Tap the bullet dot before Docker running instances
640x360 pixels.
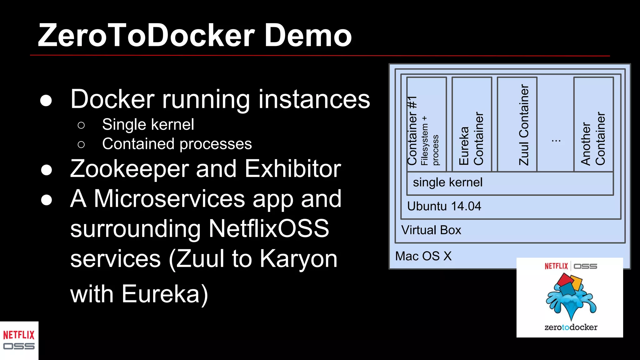pos(46,100)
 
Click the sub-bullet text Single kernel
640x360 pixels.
pos(148,124)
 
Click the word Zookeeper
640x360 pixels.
pos(129,169)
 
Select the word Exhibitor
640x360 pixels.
pos(292,169)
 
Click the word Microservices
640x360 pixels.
pos(169,199)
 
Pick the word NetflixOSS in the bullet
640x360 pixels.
pos(268,229)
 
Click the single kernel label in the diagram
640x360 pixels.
pos(447,182)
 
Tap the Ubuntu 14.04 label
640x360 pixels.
pos(444,206)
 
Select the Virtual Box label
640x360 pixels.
pos(431,230)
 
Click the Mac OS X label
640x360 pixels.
pos(423,256)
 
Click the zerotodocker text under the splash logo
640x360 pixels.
pos(571,327)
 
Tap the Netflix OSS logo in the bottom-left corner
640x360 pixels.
pos(19,340)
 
